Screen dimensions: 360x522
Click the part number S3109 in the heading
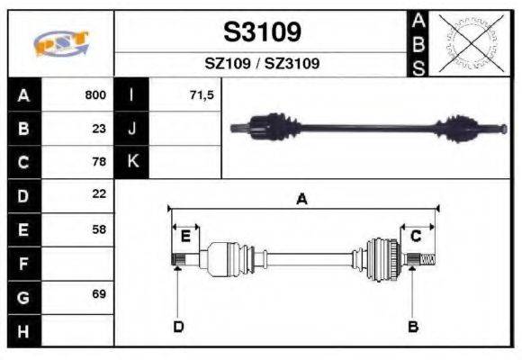(262, 32)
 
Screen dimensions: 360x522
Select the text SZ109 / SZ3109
(262, 64)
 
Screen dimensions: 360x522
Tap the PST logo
(60, 43)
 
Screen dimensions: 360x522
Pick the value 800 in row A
(95, 94)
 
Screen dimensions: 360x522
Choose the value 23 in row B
(99, 128)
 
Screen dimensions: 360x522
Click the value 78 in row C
(99, 162)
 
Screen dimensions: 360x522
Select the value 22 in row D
(99, 193)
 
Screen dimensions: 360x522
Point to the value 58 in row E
(99, 229)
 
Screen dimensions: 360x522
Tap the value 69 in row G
(99, 294)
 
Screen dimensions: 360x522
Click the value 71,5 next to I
(201, 94)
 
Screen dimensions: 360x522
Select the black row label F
(23, 263)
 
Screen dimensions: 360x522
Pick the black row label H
(23, 330)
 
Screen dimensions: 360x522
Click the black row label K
(132, 162)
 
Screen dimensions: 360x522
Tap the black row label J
(132, 128)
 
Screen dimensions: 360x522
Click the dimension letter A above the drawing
(301, 199)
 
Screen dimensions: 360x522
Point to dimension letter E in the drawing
(185, 236)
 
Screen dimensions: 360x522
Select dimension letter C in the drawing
(416, 236)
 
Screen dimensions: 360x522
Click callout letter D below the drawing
(178, 326)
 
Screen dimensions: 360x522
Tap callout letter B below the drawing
(412, 326)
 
